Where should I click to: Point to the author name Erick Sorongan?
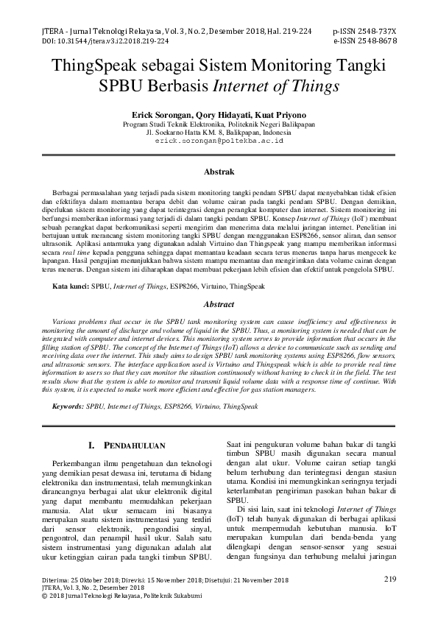click(x=162, y=116)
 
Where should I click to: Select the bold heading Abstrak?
click(x=219, y=170)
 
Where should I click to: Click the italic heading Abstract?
click(x=219, y=304)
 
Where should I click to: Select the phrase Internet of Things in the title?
click(x=275, y=85)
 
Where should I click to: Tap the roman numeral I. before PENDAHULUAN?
click(x=91, y=445)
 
